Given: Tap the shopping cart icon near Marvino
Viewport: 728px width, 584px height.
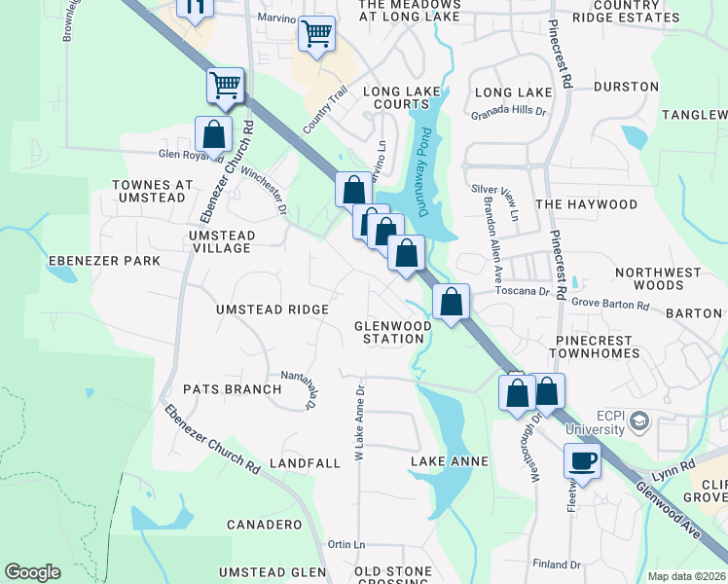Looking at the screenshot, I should click(x=316, y=34).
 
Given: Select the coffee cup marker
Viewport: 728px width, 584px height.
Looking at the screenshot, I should click(x=583, y=460).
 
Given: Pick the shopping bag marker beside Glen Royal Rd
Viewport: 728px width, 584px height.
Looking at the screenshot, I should click(x=213, y=134).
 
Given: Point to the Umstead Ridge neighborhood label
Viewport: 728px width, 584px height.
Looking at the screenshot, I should click(x=272, y=310).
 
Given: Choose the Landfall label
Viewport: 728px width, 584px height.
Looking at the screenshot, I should click(x=305, y=463).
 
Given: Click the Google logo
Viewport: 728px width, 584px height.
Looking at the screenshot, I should click(x=33, y=572).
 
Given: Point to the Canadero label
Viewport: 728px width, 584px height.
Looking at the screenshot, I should click(x=264, y=525).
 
